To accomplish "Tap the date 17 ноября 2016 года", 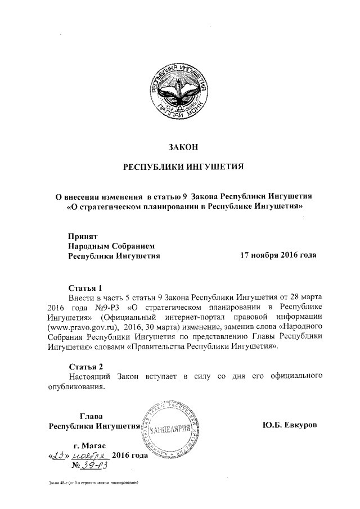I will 278,255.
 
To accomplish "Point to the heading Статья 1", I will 85,286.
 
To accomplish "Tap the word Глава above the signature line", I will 92,416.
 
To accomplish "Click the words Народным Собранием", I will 111,246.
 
